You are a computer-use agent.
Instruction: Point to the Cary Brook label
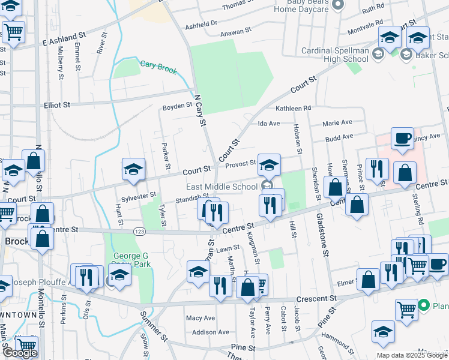158,67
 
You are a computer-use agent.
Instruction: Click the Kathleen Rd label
294,108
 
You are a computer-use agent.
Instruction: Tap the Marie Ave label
337,122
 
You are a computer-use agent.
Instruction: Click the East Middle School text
221,187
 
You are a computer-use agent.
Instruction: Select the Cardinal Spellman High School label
335,55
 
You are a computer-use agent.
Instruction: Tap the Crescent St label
316,298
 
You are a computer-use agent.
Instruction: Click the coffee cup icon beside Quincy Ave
402,139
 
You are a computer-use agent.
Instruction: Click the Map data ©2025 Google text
412,355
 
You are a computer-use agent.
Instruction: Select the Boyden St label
177,107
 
